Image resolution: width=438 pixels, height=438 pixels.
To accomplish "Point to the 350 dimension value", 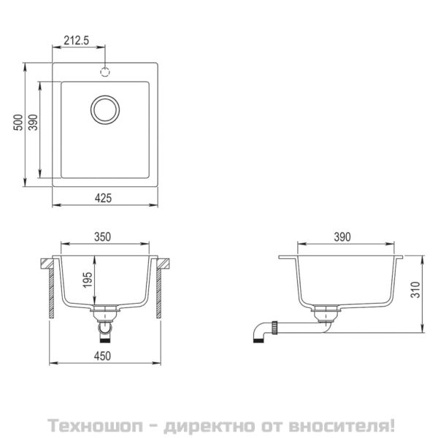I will [102, 237].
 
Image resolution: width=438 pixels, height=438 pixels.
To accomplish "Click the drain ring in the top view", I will [104, 109].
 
